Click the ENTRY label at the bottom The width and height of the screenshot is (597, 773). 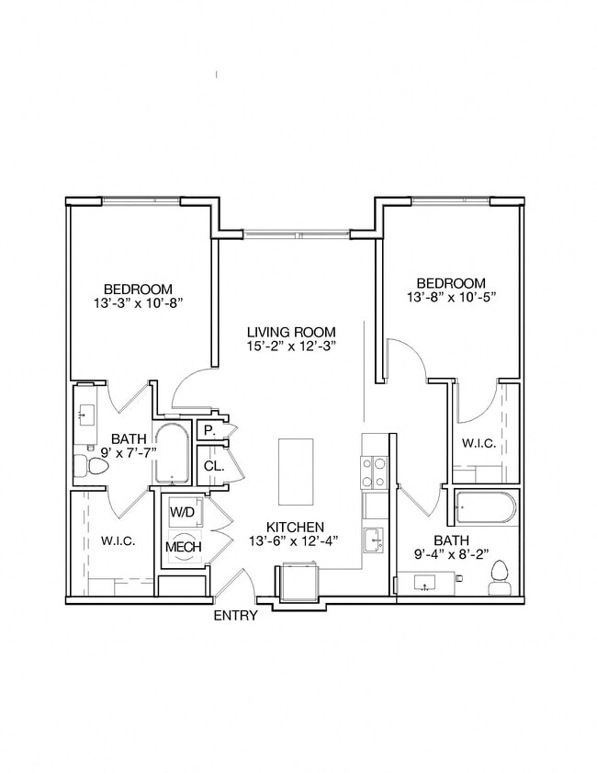point(236,616)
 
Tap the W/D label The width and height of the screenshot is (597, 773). point(181,511)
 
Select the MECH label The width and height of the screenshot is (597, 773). point(179,548)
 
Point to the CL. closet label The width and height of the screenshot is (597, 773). point(213,466)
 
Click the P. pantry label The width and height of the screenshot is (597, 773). point(209,430)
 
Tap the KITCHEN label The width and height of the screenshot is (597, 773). point(295,527)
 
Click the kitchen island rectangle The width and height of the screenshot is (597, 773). point(296,472)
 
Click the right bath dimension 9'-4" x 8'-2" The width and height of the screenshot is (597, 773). point(452,554)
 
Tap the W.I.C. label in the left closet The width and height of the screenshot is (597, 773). point(118,541)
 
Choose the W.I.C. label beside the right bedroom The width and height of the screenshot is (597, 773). point(479,443)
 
